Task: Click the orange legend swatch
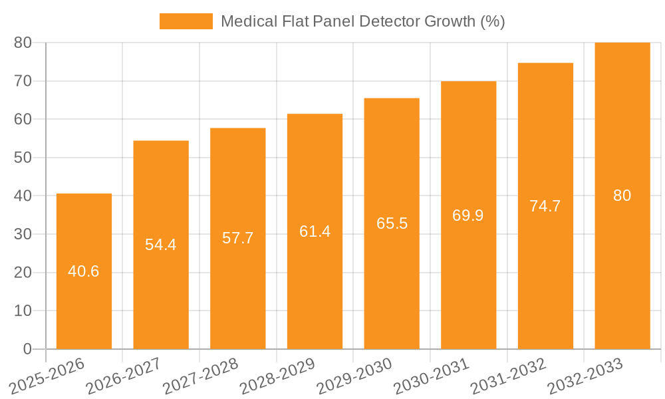186,21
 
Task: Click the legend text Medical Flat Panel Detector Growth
362,21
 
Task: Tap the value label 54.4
161,245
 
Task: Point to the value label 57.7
237,238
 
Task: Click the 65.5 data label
392,223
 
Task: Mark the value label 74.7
545,206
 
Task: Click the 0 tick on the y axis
27,349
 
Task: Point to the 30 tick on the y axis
23,234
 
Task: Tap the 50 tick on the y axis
23,158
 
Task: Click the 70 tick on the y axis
23,81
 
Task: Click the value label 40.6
84,271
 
